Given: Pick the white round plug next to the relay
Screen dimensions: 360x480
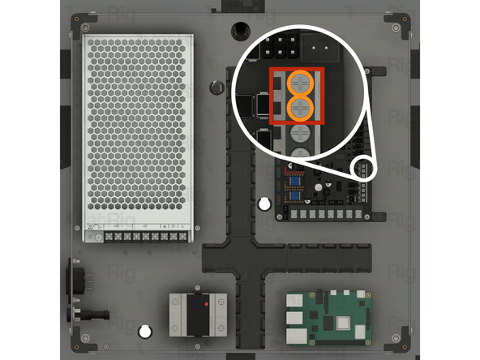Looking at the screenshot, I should (x=144, y=331).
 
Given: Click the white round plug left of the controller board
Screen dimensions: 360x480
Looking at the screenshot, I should (x=264, y=203).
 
